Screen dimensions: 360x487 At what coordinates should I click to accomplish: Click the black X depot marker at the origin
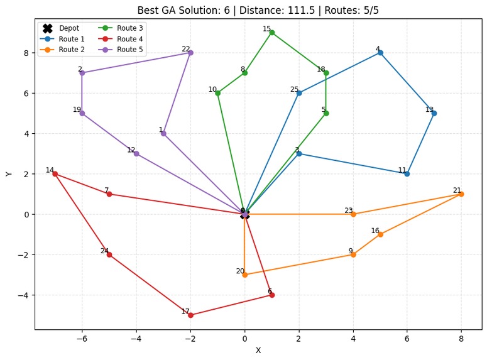pyautogui.click(x=244, y=214)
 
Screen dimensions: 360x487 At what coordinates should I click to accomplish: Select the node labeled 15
pyautogui.click(x=271, y=33)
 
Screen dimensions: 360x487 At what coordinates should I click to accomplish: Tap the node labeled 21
pyautogui.click(x=461, y=194)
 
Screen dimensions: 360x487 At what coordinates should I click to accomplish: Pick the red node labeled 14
pyautogui.click(x=55, y=174)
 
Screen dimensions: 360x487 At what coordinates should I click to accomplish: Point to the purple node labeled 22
pyautogui.click(x=190, y=53)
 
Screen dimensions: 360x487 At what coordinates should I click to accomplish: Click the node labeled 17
pyautogui.click(x=190, y=315)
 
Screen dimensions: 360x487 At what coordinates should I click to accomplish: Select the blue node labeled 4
pyautogui.click(x=380, y=53)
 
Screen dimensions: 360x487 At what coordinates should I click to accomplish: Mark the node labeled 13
pyautogui.click(x=434, y=113)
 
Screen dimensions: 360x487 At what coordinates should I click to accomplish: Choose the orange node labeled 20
pyautogui.click(x=244, y=275)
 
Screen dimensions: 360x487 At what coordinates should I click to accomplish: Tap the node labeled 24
pyautogui.click(x=109, y=254)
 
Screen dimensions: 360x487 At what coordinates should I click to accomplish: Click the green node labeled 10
pyautogui.click(x=217, y=93)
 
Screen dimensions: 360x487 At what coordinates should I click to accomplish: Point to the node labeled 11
pyautogui.click(x=407, y=174)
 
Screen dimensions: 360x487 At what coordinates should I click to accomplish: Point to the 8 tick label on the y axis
pyautogui.click(x=26, y=53)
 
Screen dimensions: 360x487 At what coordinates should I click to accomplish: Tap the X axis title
pyautogui.click(x=258, y=351)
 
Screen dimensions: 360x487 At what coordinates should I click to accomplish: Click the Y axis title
pyautogui.click(x=9, y=173)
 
